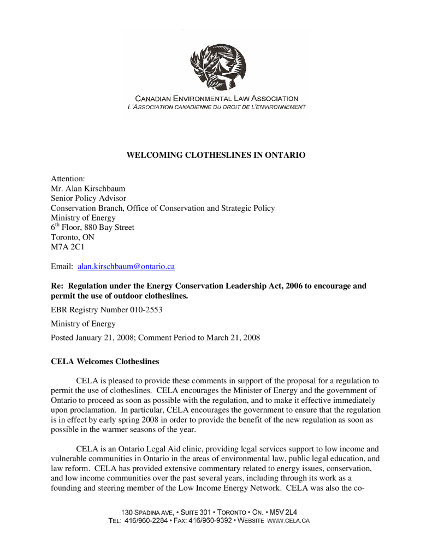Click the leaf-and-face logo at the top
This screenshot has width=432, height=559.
click(x=217, y=67)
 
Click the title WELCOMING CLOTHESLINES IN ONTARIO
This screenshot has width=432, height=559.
click(x=216, y=156)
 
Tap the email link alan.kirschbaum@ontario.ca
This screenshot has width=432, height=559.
click(x=126, y=266)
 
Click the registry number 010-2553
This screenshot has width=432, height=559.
click(x=144, y=310)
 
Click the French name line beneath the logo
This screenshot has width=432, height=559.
click(x=216, y=106)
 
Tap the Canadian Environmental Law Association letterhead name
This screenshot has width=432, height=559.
click(x=216, y=99)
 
